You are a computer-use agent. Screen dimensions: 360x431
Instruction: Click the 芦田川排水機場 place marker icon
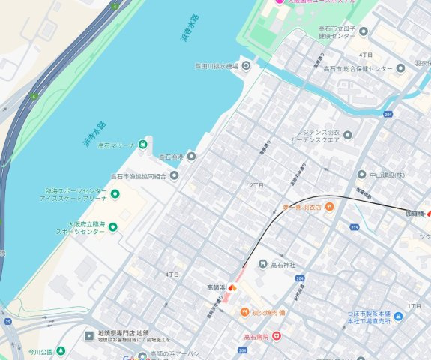coord(245,66)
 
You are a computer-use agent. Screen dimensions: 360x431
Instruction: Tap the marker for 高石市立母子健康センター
coord(364,31)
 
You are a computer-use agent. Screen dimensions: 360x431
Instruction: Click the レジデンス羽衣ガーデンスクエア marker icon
coord(347,136)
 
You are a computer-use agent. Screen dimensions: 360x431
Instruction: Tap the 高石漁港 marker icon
coord(191,157)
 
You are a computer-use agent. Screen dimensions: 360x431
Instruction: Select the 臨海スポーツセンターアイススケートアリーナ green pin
coord(115,195)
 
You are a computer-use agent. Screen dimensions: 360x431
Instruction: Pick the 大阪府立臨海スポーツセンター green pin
coord(113,227)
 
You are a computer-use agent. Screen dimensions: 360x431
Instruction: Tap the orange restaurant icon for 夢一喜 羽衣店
coord(328,207)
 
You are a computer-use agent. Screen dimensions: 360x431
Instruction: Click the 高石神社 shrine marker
coord(262,264)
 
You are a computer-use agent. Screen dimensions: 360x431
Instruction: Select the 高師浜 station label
coord(217,286)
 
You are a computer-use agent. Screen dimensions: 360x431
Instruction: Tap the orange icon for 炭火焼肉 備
coord(244,312)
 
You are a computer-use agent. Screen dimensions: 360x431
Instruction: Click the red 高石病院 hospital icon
coord(276,336)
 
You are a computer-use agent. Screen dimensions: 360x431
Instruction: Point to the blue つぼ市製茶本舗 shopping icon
coord(398,316)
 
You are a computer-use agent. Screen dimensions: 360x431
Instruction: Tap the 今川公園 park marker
coord(61,350)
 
